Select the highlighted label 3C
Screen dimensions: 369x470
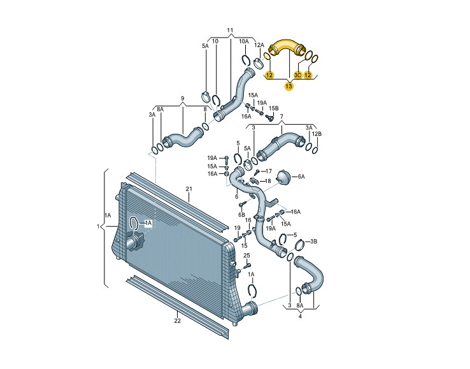[298, 75]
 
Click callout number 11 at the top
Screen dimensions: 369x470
[230, 31]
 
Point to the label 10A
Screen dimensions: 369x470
[244, 41]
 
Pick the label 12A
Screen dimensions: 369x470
[259, 45]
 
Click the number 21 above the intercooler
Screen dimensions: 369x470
[189, 189]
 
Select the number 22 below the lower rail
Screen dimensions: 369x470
[177, 321]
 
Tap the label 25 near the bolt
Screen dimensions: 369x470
[247, 256]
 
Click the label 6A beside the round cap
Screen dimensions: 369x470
[301, 177]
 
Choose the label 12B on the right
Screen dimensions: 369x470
[317, 134]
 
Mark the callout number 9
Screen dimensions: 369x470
[182, 99]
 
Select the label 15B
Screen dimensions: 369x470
[274, 109]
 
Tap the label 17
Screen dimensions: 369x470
[268, 171]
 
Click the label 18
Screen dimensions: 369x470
[267, 181]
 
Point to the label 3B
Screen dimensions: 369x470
[313, 242]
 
